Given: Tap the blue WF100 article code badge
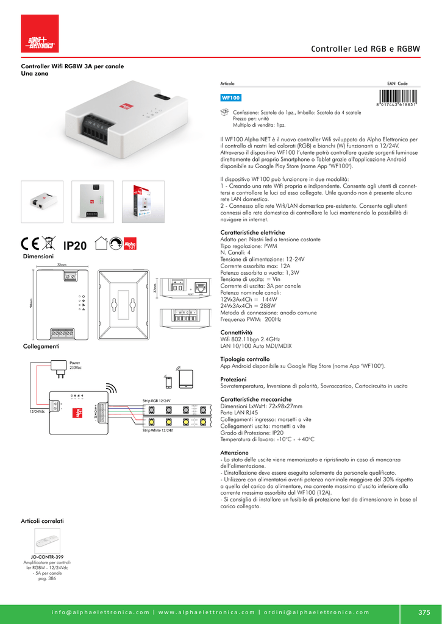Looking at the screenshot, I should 231,97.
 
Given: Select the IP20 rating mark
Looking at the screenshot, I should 76,246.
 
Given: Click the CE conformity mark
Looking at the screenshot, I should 30,244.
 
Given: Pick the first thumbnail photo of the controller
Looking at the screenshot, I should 42,201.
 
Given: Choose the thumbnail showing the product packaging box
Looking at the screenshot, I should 143,201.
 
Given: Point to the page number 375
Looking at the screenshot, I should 424,612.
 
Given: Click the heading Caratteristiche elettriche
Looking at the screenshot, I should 252,233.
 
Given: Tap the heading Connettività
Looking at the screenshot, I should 236,332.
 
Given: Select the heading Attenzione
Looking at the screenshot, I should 234,453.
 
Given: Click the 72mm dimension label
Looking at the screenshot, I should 62,265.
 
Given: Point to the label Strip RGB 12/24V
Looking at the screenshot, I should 157,400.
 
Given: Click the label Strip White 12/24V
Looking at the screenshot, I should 157,430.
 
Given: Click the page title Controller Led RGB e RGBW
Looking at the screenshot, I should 365,49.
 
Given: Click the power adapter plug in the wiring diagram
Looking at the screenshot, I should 61,367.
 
